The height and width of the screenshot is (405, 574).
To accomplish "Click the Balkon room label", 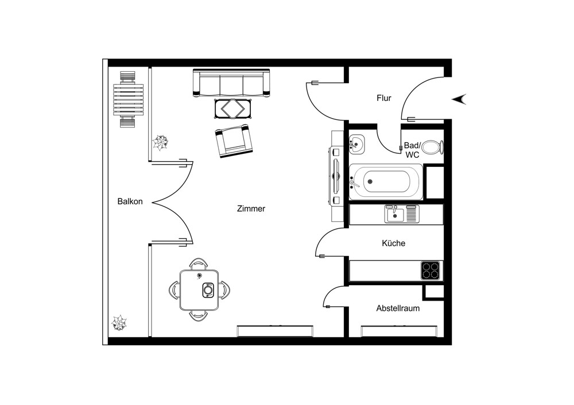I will pos(130,201).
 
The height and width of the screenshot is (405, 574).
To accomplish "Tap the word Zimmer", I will pos(251,209).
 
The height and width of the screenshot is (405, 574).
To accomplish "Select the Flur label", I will pos(383,98).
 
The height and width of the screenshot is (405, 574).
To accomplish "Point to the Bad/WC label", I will pos(412,150).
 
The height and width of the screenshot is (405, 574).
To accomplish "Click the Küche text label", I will pos(393,243).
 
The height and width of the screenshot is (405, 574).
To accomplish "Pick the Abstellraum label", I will pos(397,308).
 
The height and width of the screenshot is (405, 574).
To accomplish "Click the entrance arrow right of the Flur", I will pos(460,99).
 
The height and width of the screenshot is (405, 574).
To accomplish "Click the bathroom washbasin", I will pos(356,145).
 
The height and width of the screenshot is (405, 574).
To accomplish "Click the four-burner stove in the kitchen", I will pos(431,270).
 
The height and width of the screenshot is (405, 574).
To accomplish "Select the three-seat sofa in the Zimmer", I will pos(232,83).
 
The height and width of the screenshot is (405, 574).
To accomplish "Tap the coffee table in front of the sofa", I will pos(232,108).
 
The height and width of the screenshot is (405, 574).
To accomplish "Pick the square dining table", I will pos(199,290).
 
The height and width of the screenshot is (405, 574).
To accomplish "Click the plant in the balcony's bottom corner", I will pos(119,324).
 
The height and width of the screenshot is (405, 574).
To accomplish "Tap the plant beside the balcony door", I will pos(160,143).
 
